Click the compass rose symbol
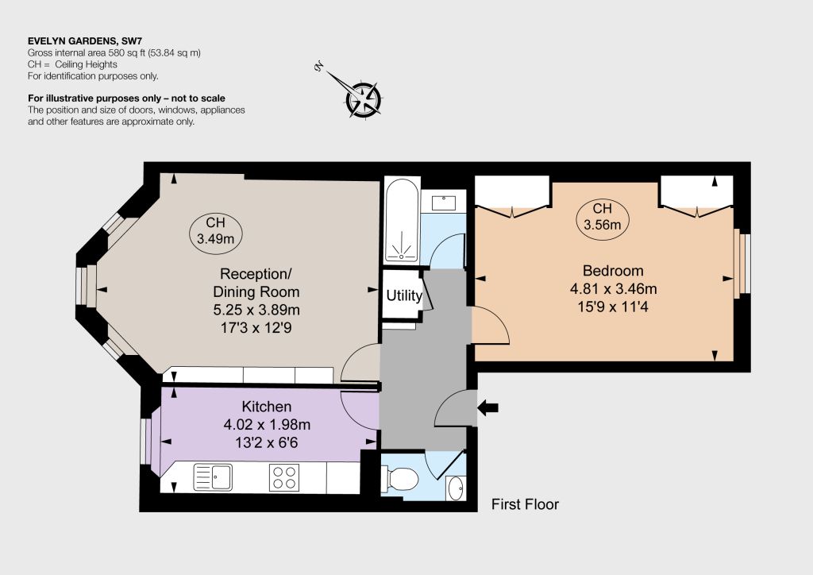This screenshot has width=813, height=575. pyautogui.click(x=364, y=98)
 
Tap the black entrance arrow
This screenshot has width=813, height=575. pyautogui.click(x=487, y=407)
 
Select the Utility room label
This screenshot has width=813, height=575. pyautogui.click(x=404, y=295)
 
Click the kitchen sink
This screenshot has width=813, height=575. pyautogui.click(x=213, y=477)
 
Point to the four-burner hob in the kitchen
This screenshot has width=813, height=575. pyautogui.click(x=284, y=477)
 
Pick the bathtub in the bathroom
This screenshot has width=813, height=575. pyautogui.click(x=401, y=221)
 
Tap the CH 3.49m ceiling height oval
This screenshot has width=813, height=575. pyautogui.click(x=215, y=231)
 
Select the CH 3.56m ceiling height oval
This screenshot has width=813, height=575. pyautogui.click(x=602, y=217)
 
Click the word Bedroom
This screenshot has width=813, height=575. pyautogui.click(x=613, y=271)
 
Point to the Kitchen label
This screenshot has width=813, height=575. pyautogui.click(x=267, y=407)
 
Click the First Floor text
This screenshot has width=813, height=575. pyautogui.click(x=526, y=504)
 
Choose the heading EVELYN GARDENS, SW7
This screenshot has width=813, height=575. pyautogui.click(x=85, y=41)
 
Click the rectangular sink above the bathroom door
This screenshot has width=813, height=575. pyautogui.click(x=443, y=203)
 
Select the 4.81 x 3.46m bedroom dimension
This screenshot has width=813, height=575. pyautogui.click(x=614, y=289)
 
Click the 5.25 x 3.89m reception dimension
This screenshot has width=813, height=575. pyautogui.click(x=256, y=310)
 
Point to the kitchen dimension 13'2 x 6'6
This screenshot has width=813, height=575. pyautogui.click(x=267, y=443)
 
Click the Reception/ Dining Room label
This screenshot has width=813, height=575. pyautogui.click(x=256, y=283)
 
